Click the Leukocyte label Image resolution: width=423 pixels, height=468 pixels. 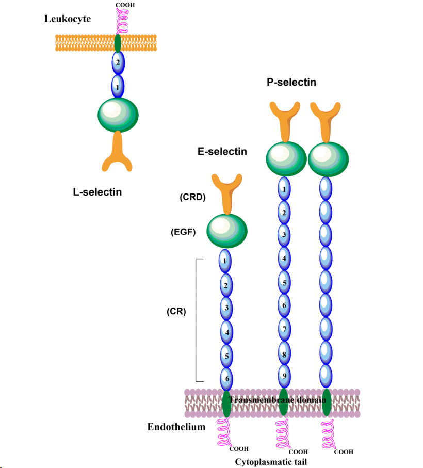[x=68, y=19]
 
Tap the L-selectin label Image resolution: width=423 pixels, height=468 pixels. [x=97, y=192]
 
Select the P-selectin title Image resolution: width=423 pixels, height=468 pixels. [x=291, y=82]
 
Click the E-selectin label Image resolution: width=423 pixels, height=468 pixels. [x=222, y=152]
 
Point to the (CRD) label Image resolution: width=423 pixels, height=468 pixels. [x=192, y=197]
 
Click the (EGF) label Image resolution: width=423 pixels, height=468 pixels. [x=183, y=232]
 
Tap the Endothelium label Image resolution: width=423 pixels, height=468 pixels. [x=176, y=427]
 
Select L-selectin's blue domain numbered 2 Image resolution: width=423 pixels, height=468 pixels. [x=118, y=62]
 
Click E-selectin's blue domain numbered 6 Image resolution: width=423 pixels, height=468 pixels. [x=225, y=379]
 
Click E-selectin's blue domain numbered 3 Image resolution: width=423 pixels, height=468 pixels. [x=225, y=308]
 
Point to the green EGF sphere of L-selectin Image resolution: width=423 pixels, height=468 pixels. [x=118, y=114]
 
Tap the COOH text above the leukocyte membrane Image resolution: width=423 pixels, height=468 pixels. [x=125, y=5]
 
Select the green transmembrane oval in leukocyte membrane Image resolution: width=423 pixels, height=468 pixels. [x=118, y=42]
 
